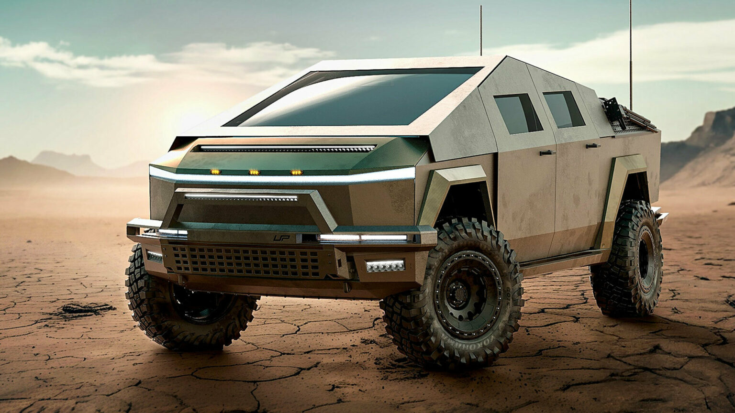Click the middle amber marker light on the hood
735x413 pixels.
(x=254, y=172)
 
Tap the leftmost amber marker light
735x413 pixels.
(x=215, y=171)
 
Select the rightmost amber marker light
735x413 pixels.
(x=296, y=172)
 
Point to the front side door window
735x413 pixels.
(x=517, y=113)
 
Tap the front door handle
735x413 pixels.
(x=547, y=153)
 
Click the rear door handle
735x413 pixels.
(x=593, y=145)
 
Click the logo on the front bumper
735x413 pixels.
(x=279, y=238)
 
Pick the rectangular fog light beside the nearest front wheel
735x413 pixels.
(x=385, y=266)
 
